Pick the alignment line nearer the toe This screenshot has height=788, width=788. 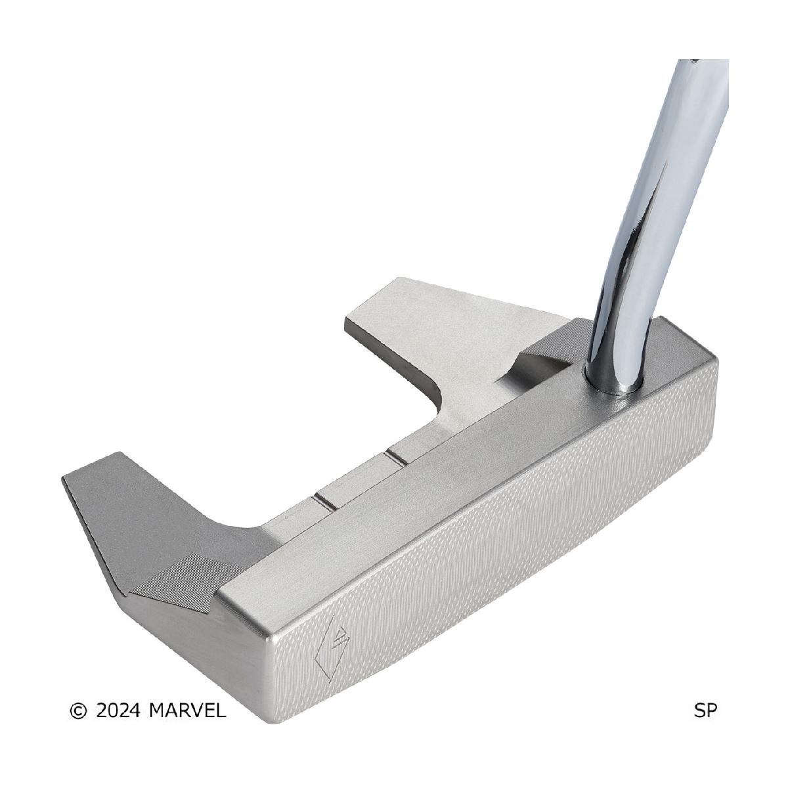pyautogui.click(x=325, y=503)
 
